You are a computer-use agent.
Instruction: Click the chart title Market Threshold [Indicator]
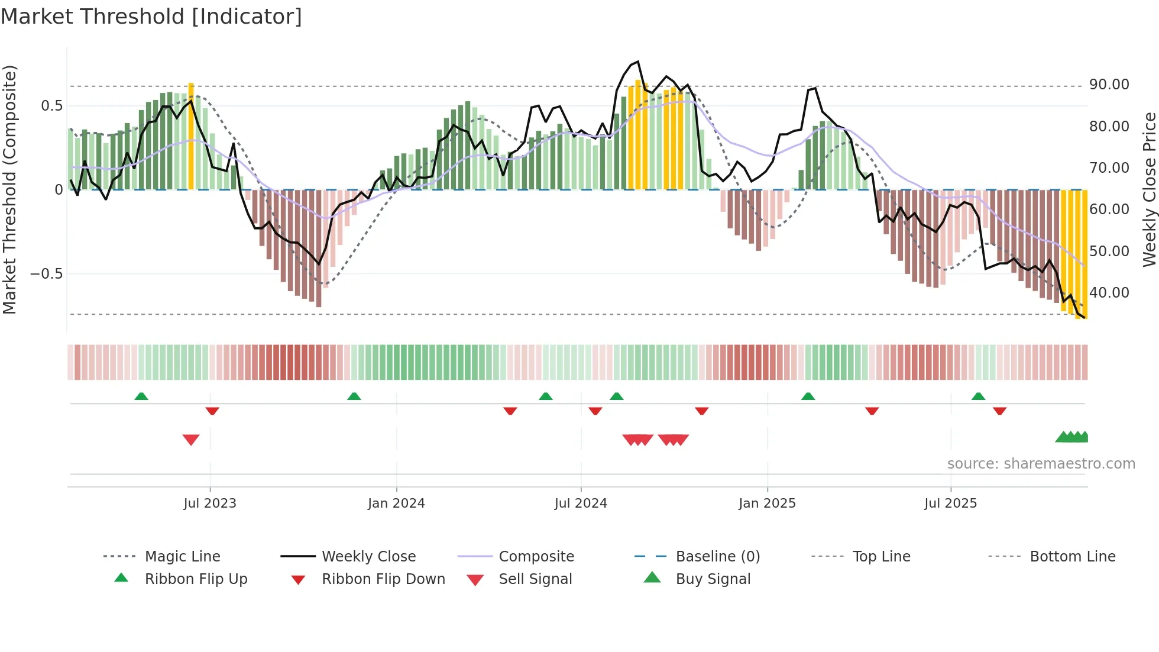[x=151, y=16]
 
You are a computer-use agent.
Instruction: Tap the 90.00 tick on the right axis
[x=1109, y=85]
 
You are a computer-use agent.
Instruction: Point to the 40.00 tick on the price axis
[x=1109, y=293]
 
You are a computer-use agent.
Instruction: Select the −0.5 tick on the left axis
[x=46, y=274]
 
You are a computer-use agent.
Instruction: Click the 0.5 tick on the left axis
[x=51, y=106]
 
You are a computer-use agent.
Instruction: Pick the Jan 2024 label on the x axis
[x=396, y=503]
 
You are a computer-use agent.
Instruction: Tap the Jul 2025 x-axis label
[x=950, y=503]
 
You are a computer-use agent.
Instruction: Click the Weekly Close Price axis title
[x=1149, y=189]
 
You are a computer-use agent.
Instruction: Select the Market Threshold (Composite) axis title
[x=9, y=189]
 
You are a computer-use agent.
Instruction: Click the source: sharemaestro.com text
[x=1041, y=464]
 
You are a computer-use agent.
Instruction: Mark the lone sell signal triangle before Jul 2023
[x=191, y=440]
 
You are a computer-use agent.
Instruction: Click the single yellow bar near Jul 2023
[x=191, y=136]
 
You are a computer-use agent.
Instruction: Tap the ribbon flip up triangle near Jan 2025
[x=808, y=396]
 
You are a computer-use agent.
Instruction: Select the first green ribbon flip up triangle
[x=141, y=396]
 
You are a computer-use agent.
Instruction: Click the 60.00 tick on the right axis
[x=1109, y=209]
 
